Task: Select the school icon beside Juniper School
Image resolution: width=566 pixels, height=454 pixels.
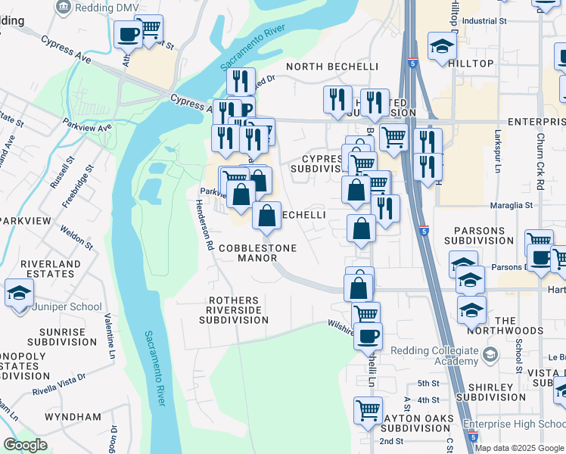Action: [19, 294]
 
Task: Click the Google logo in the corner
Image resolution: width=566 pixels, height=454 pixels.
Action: [25, 445]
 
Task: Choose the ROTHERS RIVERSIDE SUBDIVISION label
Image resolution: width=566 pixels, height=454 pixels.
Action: [233, 310]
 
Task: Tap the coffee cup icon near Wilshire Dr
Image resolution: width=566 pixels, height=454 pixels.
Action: [368, 335]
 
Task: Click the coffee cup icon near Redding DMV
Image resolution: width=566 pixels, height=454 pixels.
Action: [128, 34]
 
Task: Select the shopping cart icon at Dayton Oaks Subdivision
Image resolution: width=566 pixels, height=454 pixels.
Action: [368, 410]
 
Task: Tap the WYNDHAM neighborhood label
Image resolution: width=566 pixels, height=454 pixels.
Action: [73, 417]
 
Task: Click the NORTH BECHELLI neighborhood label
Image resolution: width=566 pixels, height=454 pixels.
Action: [331, 67]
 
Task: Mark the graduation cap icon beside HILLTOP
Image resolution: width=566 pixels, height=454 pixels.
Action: [441, 47]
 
